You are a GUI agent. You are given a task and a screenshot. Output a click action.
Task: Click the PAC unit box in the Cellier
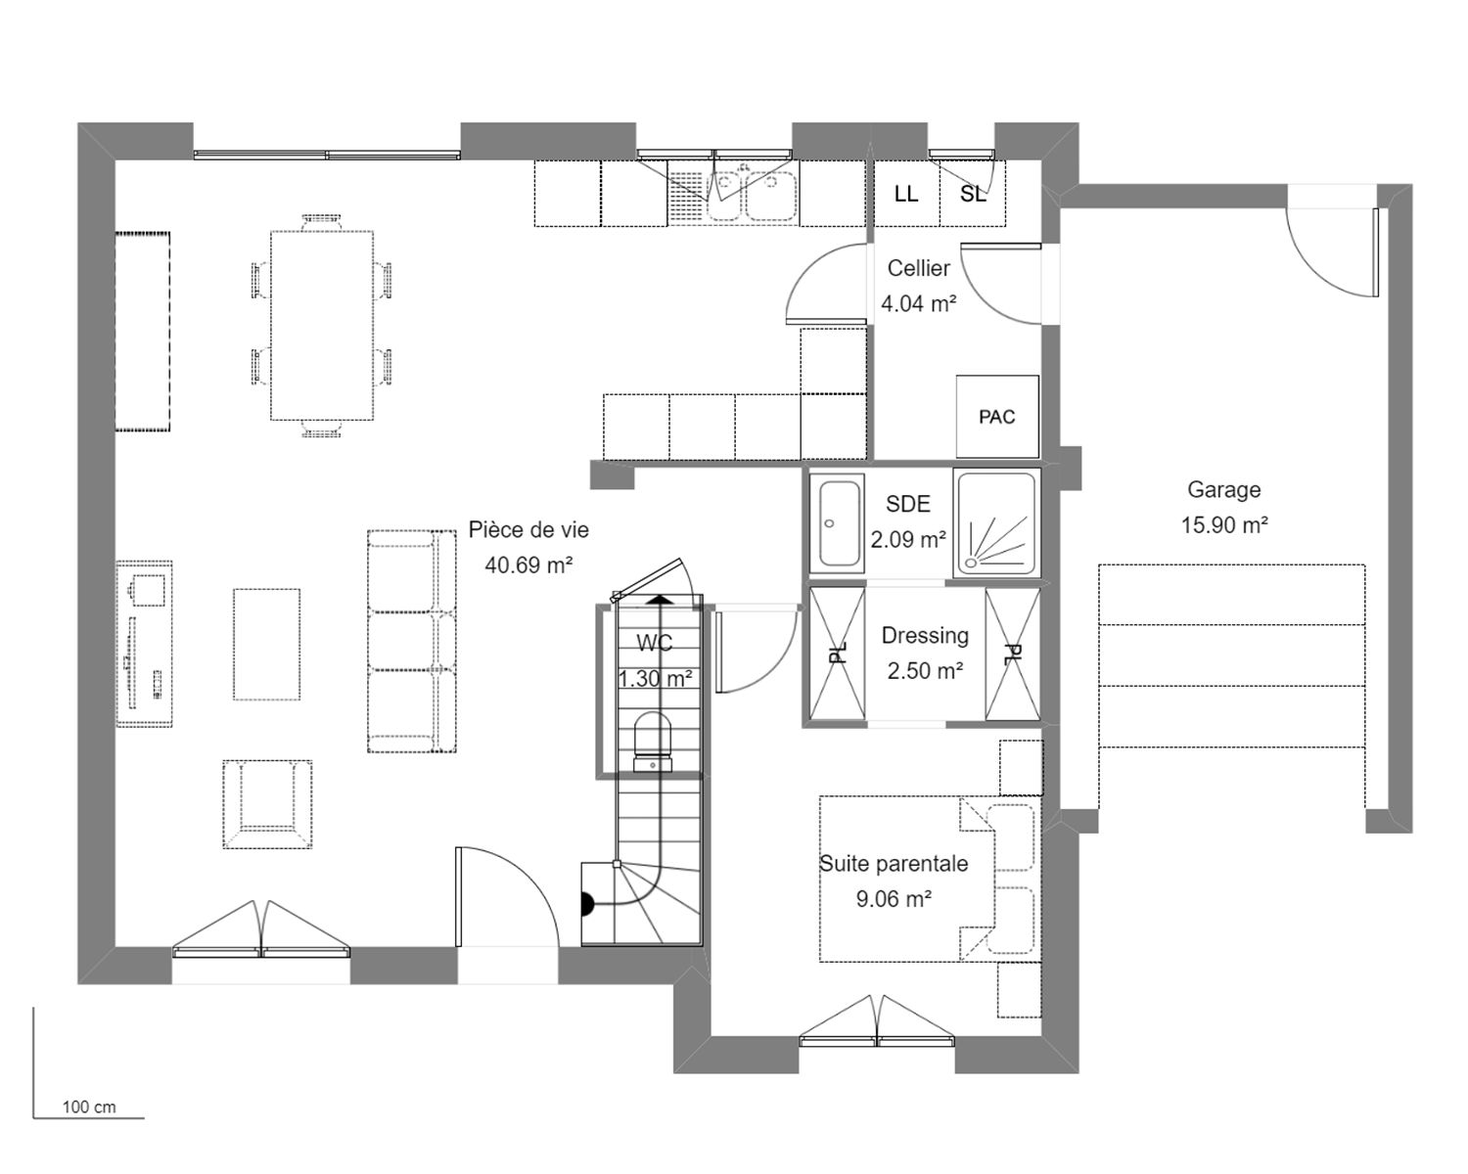point(997,416)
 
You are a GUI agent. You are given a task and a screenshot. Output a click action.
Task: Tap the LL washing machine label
point(906,195)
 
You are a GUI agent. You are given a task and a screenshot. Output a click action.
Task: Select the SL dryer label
point(973,195)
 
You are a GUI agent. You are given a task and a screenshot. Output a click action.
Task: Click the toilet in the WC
point(653,742)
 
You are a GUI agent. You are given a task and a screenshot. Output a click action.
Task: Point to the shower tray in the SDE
point(996,521)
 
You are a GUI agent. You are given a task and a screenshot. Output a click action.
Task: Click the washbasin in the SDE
point(837,522)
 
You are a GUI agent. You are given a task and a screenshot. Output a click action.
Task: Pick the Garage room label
point(1224,489)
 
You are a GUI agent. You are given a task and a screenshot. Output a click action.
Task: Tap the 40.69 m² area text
point(528,564)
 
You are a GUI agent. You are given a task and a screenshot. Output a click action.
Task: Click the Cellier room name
point(918,268)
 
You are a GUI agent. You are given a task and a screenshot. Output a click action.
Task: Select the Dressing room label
point(925,636)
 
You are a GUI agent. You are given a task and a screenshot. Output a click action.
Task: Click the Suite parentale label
point(894,864)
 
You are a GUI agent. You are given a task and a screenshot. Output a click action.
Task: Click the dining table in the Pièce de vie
point(322,326)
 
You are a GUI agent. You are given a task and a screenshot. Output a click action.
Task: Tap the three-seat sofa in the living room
point(412,641)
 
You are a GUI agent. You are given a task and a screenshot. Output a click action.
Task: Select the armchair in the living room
point(267,804)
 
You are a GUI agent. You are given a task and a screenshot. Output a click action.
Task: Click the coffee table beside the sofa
point(267,644)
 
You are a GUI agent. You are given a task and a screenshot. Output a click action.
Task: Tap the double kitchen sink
point(754,195)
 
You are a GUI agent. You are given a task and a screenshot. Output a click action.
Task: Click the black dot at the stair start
point(586,904)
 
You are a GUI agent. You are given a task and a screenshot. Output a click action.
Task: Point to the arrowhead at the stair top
point(659,600)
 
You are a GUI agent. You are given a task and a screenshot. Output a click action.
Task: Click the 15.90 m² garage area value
point(1224,524)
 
